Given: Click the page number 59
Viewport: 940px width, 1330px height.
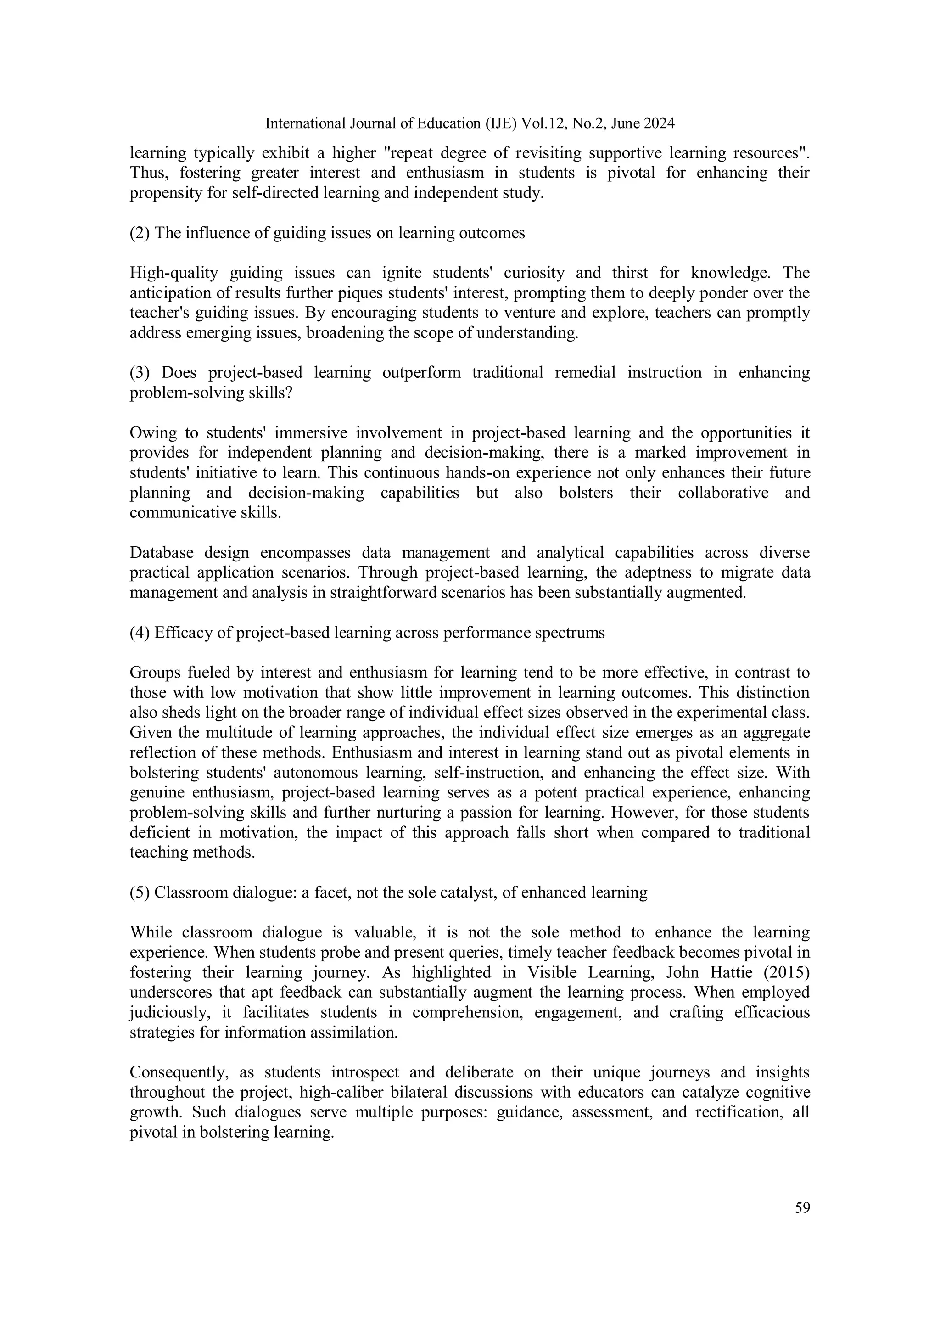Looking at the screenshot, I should (802, 1208).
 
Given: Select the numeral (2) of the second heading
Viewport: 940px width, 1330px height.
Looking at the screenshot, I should (140, 233).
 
